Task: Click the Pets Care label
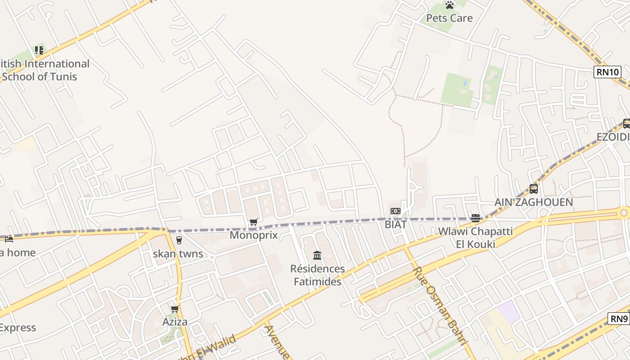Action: coord(449,18)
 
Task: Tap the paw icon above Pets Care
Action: coord(450,5)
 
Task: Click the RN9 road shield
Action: coord(619,319)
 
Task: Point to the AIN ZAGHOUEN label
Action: coord(534,202)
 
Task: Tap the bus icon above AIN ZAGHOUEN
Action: coord(534,189)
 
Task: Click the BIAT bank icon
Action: coord(396,211)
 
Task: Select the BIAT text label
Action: coord(396,224)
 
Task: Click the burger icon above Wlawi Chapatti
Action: coord(476,218)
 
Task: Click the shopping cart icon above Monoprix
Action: coord(254,222)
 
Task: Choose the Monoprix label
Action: coord(254,235)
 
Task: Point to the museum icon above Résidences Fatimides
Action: coord(317,256)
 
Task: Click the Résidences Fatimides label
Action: coord(317,275)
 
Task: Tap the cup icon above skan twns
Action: coord(179,240)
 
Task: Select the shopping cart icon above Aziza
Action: coord(175,309)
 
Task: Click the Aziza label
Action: coord(175,322)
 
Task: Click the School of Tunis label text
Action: coord(40,76)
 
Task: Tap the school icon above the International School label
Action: coord(39,50)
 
